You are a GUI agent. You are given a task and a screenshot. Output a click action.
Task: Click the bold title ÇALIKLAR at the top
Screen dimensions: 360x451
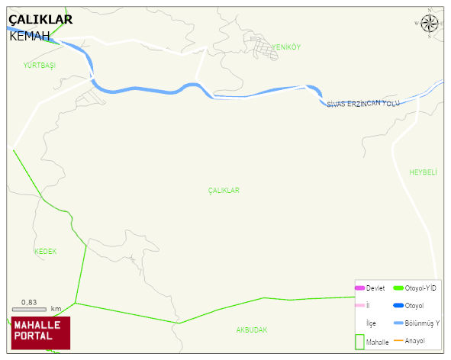(x=41, y=20)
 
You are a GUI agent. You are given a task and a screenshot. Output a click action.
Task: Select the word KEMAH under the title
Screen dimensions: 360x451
(x=30, y=36)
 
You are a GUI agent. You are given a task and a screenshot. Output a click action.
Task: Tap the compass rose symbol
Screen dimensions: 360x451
(x=430, y=24)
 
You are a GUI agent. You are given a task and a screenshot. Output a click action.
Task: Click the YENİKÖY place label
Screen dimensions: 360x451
(x=286, y=47)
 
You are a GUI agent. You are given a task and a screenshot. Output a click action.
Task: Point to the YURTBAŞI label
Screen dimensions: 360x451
(x=40, y=66)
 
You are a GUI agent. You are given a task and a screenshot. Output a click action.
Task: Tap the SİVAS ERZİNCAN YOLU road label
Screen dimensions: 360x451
(x=362, y=104)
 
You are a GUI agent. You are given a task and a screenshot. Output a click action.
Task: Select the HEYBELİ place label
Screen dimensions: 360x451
(x=423, y=172)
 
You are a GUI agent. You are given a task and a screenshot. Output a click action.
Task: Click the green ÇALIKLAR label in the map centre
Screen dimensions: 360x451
(x=224, y=191)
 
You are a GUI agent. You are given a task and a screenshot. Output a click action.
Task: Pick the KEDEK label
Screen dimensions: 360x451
(x=45, y=251)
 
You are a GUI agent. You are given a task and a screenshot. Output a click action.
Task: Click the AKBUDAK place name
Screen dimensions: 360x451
(x=251, y=330)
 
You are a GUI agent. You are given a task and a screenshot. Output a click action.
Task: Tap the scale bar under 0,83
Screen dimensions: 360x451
(x=29, y=309)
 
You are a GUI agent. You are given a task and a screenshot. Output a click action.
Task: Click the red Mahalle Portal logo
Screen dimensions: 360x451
(x=40, y=332)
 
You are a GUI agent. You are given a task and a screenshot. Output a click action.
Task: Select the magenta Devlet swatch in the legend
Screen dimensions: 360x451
(x=360, y=288)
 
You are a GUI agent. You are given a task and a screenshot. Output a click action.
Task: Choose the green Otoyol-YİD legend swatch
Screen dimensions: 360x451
(x=398, y=288)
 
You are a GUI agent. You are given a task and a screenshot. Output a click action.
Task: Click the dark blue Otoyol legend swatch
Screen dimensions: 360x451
(x=398, y=306)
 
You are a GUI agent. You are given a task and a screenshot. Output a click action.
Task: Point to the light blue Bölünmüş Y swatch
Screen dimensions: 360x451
(x=398, y=323)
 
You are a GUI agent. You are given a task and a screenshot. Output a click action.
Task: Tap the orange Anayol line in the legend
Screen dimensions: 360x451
(x=398, y=340)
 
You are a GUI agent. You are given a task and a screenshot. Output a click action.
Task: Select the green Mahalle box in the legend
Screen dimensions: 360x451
(x=360, y=342)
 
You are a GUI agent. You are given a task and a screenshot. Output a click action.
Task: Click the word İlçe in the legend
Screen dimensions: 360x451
(x=371, y=323)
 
